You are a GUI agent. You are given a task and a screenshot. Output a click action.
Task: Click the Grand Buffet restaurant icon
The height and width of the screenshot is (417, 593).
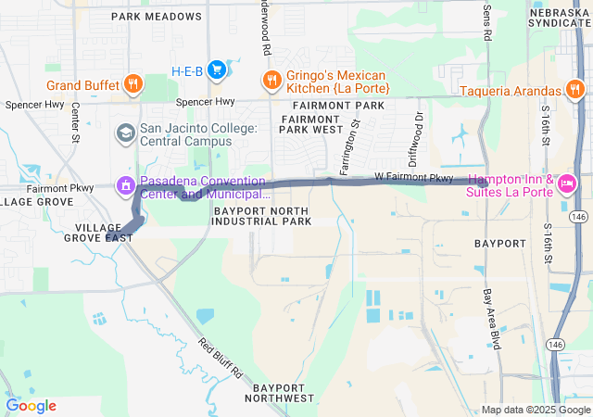click(133, 85)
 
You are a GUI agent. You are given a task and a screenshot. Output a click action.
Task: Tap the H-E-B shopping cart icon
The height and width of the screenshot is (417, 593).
click(217, 69)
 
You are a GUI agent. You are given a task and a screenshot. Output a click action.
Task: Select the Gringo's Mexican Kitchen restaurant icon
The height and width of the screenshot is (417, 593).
click(271, 80)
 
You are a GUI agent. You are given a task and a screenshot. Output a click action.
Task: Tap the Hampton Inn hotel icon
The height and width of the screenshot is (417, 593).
click(567, 183)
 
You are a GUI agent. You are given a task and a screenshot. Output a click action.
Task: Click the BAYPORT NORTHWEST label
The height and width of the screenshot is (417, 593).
click(279, 391)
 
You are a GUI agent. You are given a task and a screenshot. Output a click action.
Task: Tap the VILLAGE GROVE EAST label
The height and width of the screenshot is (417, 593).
click(98, 232)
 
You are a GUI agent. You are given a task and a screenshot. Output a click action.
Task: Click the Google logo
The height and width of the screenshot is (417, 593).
click(31, 406)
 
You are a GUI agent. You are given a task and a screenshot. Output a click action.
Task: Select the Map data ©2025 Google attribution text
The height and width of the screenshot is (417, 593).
click(535, 410)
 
